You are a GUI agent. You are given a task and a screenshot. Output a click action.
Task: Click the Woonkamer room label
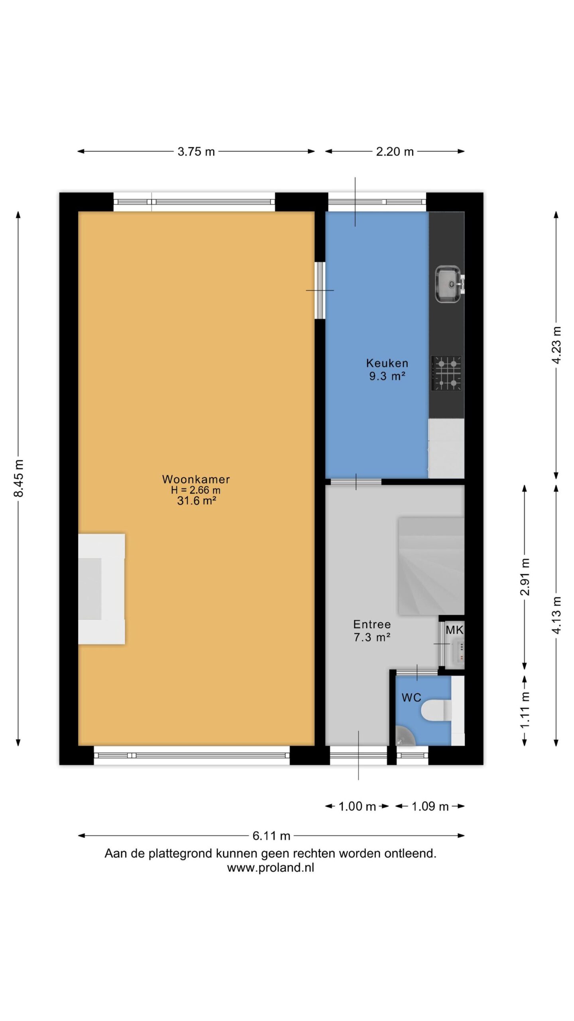[x=196, y=479]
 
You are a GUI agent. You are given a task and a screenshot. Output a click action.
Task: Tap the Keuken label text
[x=387, y=363]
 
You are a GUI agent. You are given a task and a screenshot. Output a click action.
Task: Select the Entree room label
[x=372, y=624]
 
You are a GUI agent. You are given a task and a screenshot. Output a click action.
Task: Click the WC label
[x=411, y=698]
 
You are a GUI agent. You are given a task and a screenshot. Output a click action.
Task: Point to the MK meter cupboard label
[x=454, y=630]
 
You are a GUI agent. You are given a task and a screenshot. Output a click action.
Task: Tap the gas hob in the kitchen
[x=447, y=373]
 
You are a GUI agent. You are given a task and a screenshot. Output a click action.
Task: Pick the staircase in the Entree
[x=431, y=566]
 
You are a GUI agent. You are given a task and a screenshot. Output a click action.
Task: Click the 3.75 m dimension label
[x=196, y=152]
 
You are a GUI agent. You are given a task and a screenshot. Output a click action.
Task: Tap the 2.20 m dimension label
[x=395, y=152]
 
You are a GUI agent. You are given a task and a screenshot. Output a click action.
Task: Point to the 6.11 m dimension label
[x=271, y=836]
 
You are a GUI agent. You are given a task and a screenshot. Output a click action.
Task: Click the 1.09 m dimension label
[x=430, y=806]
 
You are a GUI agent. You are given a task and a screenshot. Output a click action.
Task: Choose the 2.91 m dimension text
[x=525, y=577]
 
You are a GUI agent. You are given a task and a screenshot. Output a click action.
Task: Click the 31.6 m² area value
[x=197, y=501]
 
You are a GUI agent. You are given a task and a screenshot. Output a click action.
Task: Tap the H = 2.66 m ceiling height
[x=196, y=490]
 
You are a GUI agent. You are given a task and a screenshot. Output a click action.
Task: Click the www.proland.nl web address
[x=271, y=867]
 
